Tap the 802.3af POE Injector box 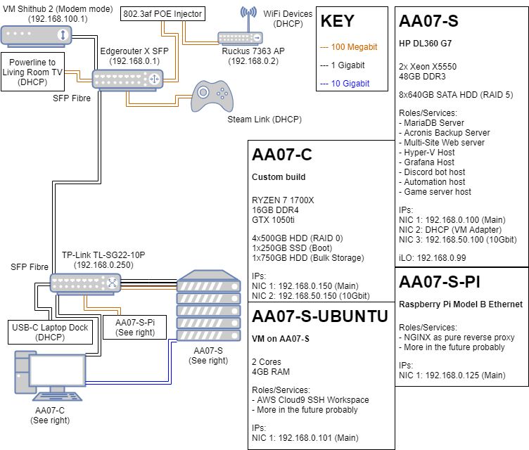coord(162,13)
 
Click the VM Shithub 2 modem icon coord(34,34)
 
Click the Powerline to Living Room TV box coord(34,72)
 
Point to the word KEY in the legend coord(338,21)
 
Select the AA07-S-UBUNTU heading coord(319,316)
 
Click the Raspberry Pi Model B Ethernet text coord(461,304)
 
